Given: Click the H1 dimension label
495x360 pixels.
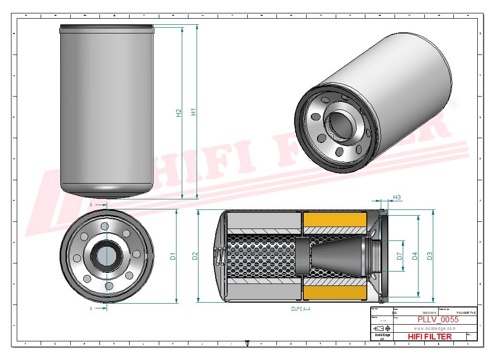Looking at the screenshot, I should pos(194,112).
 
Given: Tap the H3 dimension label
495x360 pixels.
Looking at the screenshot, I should pos(397,197).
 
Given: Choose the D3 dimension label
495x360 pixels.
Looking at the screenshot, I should pos(429,256).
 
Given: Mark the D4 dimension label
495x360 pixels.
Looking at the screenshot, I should pos(415,256).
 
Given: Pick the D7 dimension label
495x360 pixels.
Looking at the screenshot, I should pos(400,256).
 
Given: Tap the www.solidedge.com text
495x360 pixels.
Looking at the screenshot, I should pos(434,329).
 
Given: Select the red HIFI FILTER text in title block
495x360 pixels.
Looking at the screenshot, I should pos(429,337).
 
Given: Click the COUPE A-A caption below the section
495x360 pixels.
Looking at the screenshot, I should pos(300,309).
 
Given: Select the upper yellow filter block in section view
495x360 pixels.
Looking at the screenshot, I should pos(335,223).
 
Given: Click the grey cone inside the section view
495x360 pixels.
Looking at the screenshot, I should pos(330,256).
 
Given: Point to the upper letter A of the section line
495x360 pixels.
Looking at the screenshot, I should pos(91,204).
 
